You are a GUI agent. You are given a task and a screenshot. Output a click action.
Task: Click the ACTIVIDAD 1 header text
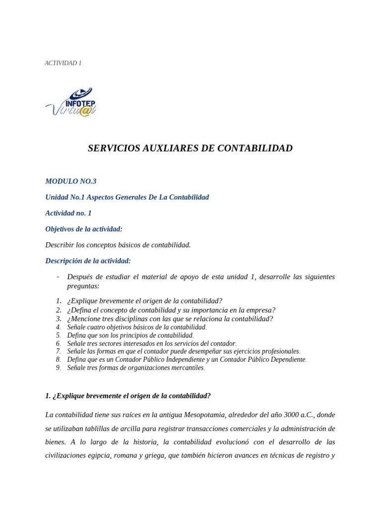pos(63,63)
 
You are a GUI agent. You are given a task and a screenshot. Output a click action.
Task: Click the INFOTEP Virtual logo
pos(71,102)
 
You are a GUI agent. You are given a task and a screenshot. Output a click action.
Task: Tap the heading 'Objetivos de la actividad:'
pos(83,229)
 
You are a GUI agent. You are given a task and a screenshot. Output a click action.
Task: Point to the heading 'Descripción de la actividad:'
pos(88,260)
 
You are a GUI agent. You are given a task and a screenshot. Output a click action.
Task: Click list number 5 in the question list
pos(58,335)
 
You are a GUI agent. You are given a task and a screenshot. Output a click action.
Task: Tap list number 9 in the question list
pos(58,368)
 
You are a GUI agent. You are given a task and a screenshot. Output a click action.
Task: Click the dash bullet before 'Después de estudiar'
pos(59,277)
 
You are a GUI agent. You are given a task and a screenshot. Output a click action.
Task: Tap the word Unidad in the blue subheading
pos(57,197)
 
